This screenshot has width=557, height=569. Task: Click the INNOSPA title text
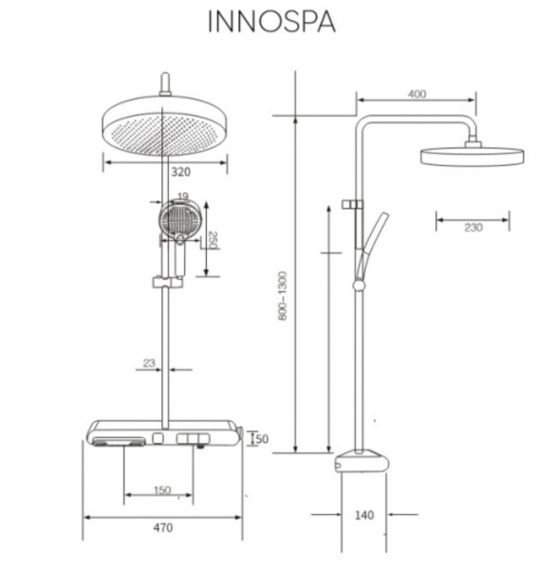271,22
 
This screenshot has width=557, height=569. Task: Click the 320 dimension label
181,172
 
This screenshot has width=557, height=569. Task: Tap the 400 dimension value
417,94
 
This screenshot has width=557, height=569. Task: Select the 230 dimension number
473,228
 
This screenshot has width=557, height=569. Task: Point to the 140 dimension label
363,515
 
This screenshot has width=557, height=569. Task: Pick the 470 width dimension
163,527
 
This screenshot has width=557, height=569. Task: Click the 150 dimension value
162,490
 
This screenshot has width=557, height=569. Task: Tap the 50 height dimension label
262,439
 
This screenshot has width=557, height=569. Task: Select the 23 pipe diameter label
149,362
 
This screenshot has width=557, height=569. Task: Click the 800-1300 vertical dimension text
283,296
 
